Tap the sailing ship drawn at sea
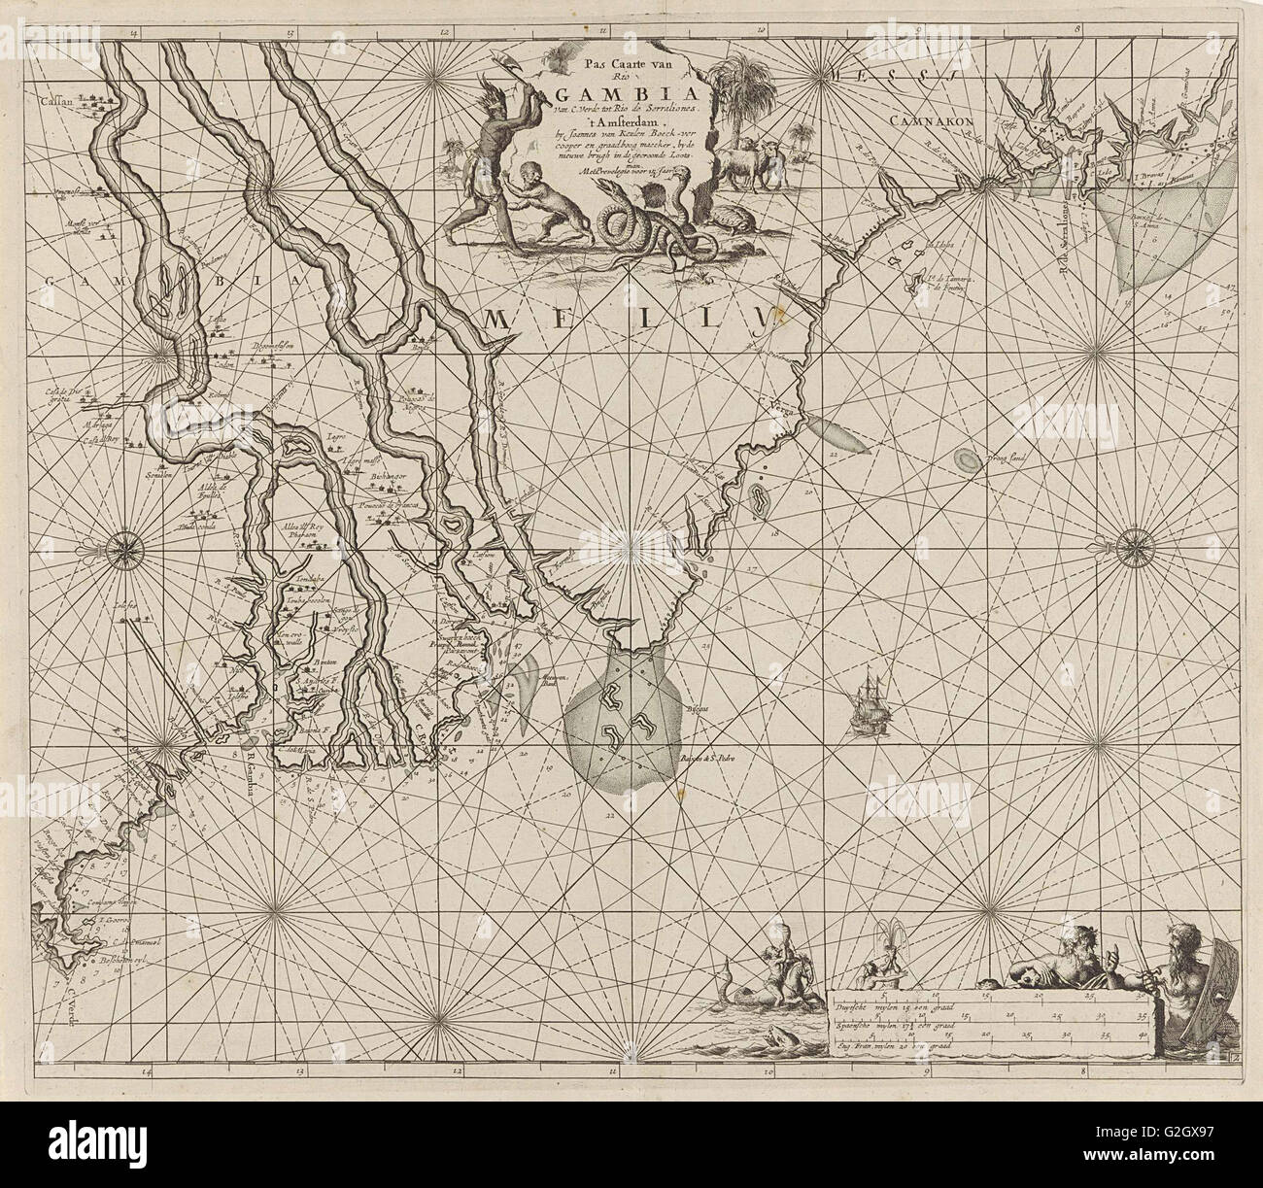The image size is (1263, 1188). coord(868,696)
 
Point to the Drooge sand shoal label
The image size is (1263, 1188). coord(1010,455)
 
